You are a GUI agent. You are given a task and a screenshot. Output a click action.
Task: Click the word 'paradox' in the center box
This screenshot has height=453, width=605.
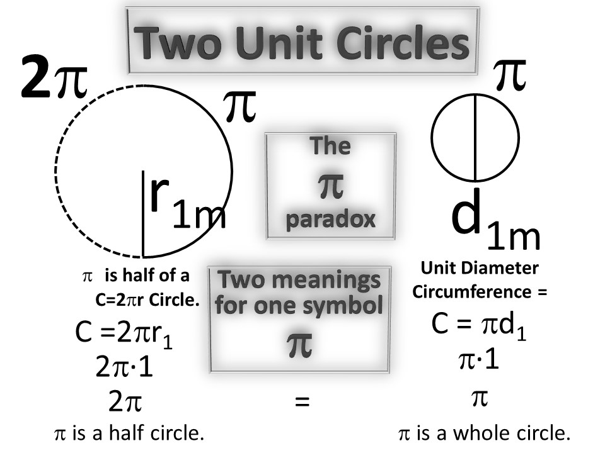pos(331,219)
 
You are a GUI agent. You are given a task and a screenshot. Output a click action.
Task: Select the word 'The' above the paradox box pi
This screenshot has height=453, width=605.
pos(331,146)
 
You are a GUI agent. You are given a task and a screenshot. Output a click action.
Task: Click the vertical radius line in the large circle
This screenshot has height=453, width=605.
pos(144,214)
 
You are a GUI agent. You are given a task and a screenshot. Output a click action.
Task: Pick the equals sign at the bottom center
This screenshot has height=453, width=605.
pos(303,401)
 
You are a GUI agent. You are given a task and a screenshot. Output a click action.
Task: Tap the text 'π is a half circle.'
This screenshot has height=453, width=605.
pos(129,434)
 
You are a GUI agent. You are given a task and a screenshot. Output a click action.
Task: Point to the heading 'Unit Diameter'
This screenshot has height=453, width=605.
pos(480,269)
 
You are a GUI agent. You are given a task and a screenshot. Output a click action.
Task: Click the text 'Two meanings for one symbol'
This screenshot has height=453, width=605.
pos(299,292)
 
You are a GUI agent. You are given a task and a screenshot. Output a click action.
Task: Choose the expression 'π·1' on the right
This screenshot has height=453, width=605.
pos(478,362)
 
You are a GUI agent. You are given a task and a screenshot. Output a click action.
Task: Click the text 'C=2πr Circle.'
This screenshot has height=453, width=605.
pos(148,300)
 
